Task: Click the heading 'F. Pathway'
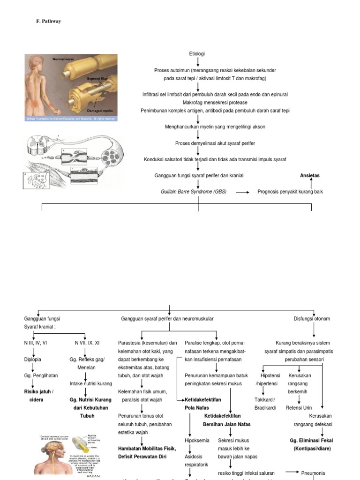(x=48, y=22)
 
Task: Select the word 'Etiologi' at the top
(x=197, y=54)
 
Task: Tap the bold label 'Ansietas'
(x=309, y=175)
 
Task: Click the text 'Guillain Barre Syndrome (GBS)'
(x=193, y=192)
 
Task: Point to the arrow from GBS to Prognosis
(x=242, y=192)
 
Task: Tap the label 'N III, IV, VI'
(x=36, y=343)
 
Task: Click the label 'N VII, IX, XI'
(x=87, y=343)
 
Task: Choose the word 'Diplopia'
(x=32, y=360)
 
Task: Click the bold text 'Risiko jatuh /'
(x=39, y=392)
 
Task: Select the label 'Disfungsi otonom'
(x=312, y=319)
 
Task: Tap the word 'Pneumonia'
(x=313, y=473)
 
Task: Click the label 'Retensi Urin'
(x=299, y=408)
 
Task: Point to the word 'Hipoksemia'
(x=197, y=441)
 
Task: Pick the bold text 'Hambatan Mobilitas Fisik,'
(x=147, y=449)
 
